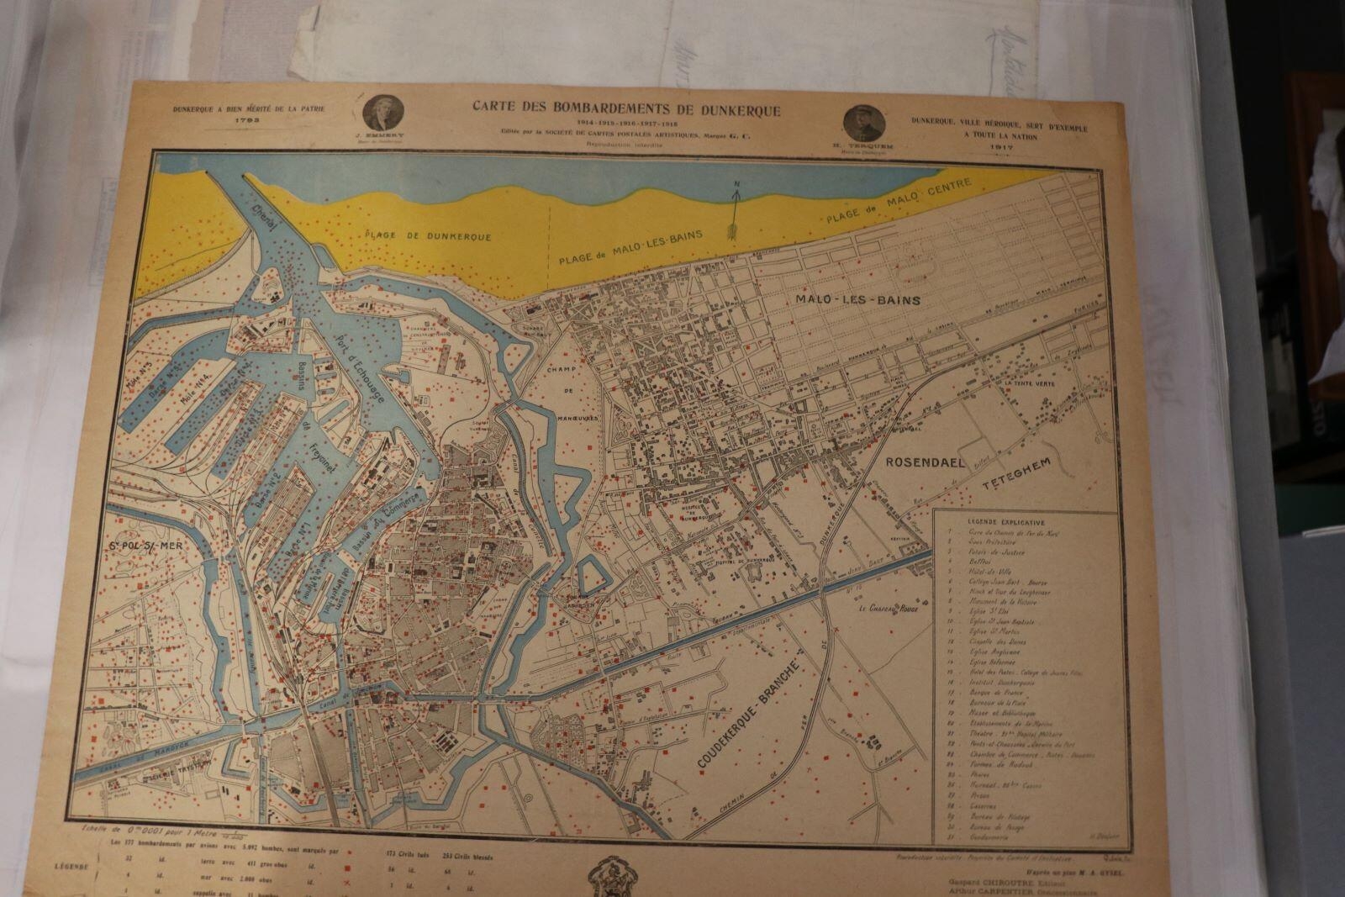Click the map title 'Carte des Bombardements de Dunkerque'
(x=626, y=108)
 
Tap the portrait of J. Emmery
(x=384, y=113)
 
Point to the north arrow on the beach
(x=735, y=210)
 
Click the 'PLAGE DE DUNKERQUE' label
(x=428, y=237)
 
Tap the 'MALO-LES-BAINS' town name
(x=857, y=300)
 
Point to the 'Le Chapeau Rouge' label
(x=888, y=609)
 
